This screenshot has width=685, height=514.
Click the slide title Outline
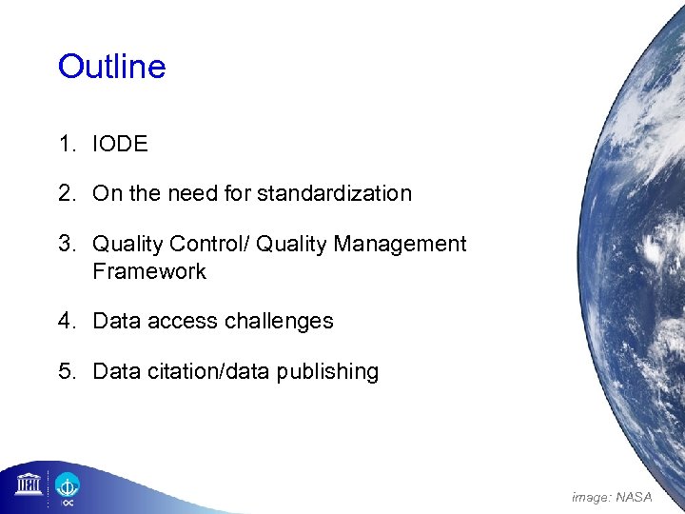tap(111, 67)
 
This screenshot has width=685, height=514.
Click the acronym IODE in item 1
tap(120, 145)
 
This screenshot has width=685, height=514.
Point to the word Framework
tap(148, 271)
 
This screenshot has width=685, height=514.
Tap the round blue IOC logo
tap(68, 486)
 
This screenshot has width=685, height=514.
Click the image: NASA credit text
tap(612, 497)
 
